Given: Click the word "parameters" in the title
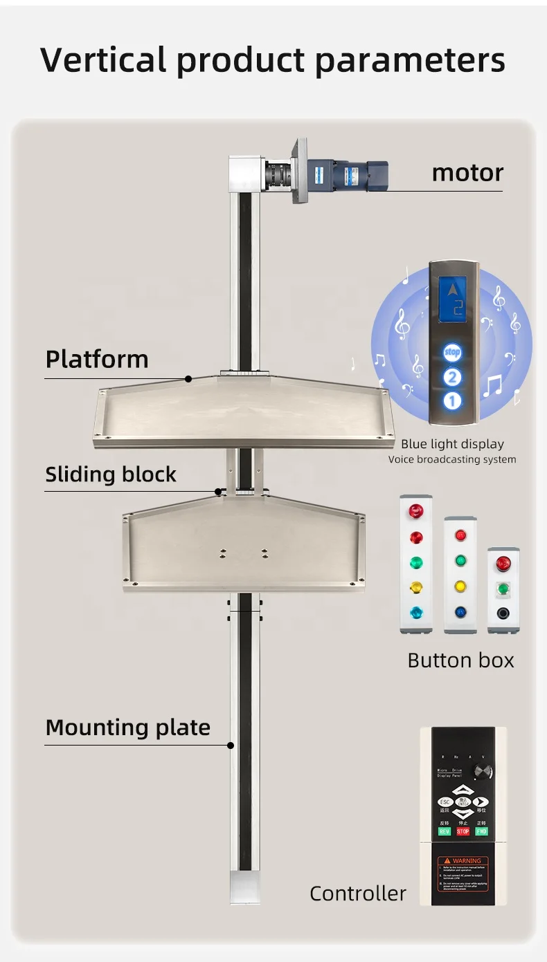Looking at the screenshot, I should (409, 60).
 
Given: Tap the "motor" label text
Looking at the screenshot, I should (467, 172).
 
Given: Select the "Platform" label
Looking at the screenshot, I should (97, 359).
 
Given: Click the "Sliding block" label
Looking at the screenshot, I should (111, 474).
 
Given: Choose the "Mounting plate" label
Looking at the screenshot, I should (127, 728).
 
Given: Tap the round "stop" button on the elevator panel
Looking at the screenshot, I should (452, 353).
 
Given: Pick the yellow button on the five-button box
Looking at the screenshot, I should (416, 587).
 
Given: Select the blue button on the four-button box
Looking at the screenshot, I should (460, 611).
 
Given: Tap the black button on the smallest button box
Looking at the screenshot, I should (503, 613).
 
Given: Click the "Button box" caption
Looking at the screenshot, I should (460, 660).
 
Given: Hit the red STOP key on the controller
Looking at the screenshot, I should (463, 831).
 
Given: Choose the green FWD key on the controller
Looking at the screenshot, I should (481, 831).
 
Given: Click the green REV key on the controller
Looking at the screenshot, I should (445, 831).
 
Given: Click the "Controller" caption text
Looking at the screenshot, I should (357, 894).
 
